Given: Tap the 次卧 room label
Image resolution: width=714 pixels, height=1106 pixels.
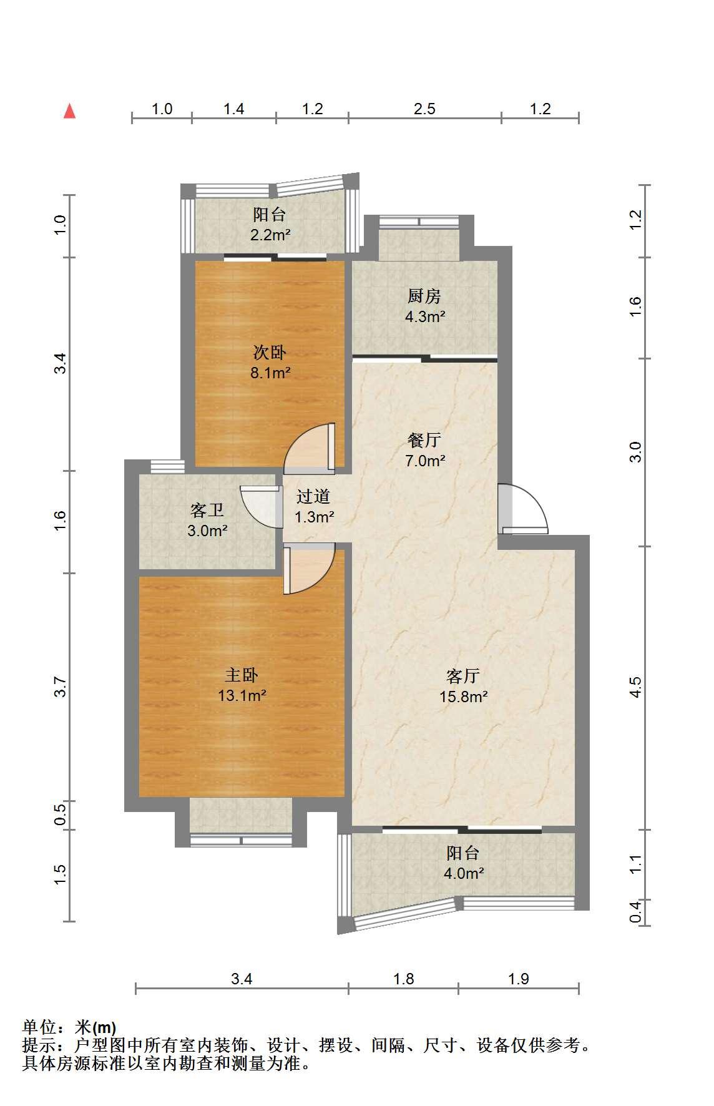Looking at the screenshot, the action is click(270, 352).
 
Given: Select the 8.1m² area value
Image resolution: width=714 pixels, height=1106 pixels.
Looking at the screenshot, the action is click(270, 373).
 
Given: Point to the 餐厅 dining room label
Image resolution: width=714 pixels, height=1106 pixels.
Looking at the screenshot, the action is click(424, 440).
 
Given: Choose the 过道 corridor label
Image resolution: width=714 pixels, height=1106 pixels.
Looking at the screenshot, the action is click(313, 496).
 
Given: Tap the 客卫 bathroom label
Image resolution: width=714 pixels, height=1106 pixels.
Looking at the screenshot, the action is click(207, 511).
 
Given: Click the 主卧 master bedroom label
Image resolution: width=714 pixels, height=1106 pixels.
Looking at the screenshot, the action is click(242, 675).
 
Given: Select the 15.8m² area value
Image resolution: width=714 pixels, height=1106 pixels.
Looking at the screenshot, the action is click(463, 697).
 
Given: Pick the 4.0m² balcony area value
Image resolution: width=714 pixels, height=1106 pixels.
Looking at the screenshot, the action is click(463, 873).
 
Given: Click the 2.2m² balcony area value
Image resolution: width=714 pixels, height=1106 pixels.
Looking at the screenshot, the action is click(270, 235).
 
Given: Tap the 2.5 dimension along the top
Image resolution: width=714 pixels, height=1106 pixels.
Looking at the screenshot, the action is click(424, 109).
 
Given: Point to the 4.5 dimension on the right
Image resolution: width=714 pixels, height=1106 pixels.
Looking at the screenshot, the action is click(635, 687).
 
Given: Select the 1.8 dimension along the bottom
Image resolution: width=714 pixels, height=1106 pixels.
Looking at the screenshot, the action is click(404, 979).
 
